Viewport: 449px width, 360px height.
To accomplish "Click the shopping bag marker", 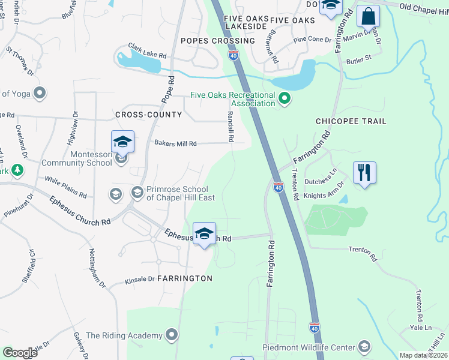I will point(368,16).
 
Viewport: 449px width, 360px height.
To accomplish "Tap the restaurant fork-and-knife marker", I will point(364,173).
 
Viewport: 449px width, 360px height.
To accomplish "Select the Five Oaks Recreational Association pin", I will point(285,99).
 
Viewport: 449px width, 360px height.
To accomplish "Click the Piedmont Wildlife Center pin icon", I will point(364,347).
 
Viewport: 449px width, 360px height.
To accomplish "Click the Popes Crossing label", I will point(209,41).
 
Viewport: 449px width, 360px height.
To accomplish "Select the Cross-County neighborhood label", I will point(148,114).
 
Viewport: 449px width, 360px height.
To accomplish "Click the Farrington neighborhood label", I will point(186,278).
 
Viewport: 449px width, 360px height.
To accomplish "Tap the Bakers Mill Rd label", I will point(175,143).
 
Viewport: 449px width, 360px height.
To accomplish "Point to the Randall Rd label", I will point(230,126).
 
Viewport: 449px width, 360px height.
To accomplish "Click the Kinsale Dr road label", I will point(140,280).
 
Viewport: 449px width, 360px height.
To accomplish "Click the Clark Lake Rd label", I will point(146,50).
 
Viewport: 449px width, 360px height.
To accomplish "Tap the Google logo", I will point(20,353).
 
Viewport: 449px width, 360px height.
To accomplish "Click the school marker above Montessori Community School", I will point(122,142).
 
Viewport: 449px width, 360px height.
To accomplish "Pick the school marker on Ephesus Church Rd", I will point(204,233).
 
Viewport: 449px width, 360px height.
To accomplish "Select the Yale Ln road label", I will point(420,328).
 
